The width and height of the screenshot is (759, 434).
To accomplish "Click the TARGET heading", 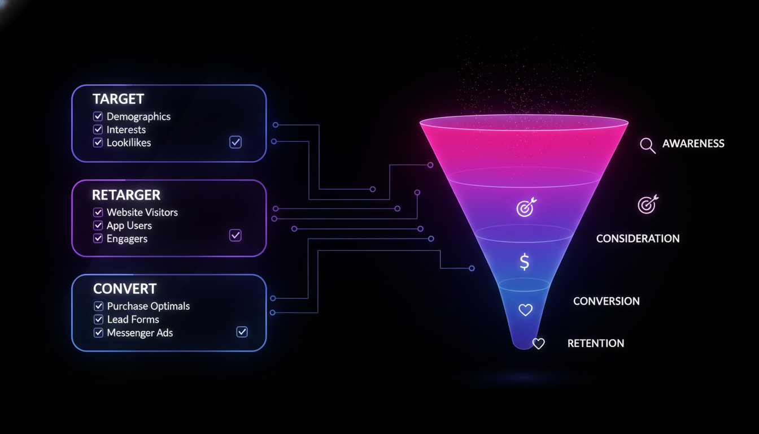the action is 118,99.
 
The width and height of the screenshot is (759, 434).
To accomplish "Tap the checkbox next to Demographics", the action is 98,116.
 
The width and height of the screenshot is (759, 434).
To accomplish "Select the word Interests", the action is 126,130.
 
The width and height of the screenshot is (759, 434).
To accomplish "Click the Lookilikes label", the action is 129,143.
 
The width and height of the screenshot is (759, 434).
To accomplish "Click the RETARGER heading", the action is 126,195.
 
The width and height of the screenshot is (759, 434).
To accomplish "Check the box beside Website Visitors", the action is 98,212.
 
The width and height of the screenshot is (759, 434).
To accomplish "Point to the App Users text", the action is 129,225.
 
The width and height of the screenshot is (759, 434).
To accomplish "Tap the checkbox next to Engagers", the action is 98,238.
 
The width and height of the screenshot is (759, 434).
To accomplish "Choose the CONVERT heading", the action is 125,288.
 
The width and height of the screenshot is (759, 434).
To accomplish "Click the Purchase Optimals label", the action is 149,306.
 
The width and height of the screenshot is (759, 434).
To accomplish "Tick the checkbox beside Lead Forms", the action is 98,320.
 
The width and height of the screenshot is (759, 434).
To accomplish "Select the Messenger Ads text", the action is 140,333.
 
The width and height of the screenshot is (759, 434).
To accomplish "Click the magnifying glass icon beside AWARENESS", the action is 647,145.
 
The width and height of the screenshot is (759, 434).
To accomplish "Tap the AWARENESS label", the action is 693,144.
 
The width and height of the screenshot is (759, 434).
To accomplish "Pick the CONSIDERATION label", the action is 638,238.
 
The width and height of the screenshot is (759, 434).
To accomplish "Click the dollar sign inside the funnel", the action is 525,262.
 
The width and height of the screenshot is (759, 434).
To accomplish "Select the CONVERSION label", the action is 606,301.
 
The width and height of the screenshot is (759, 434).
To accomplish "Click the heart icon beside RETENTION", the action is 538,344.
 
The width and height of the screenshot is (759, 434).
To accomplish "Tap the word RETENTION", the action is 595,343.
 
